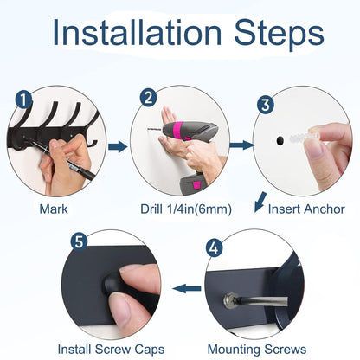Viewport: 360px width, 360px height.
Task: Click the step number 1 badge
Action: click(23, 99)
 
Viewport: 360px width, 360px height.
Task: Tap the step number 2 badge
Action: click(149, 98)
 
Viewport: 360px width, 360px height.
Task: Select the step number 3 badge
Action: click(266, 105)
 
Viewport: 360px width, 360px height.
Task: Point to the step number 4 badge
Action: click(214, 248)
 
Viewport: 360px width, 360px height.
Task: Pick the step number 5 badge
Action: click(80, 241)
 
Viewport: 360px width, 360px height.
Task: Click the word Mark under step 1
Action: click(54, 209)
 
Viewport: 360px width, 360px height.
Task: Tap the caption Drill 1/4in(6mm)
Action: click(186, 209)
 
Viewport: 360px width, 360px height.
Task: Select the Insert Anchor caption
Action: click(306, 209)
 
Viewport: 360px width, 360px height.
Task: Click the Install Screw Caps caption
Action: click(111, 350)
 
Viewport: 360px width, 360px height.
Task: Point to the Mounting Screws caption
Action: click(257, 350)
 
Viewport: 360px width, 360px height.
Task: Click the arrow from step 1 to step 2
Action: click(118, 146)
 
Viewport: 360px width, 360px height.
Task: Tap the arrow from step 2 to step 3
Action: click(242, 145)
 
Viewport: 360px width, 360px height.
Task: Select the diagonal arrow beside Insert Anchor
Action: click(260, 202)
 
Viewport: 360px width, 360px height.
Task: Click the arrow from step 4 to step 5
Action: click(187, 288)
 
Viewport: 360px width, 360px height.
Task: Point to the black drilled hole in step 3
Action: click(280, 141)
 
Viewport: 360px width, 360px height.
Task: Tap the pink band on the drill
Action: click(179, 131)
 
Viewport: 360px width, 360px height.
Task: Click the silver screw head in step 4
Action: click(230, 300)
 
